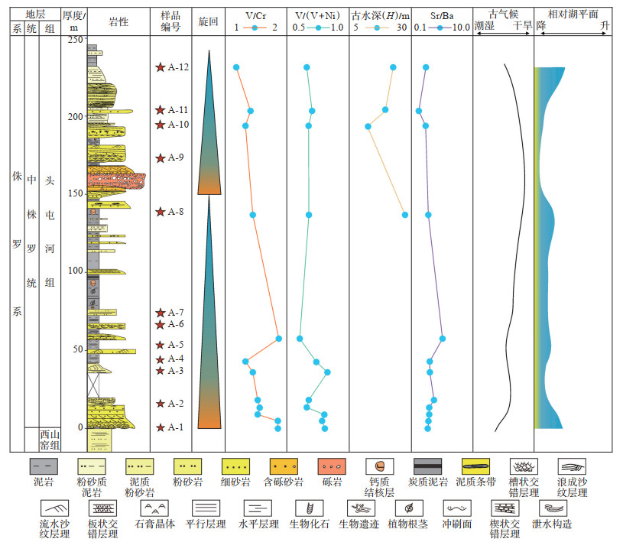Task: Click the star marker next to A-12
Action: tap(160, 67)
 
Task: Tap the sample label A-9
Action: tap(177, 158)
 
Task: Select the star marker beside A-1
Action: tap(160, 427)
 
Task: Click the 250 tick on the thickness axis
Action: tap(75, 39)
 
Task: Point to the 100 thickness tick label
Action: tap(75, 271)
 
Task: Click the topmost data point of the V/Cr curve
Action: tap(236, 67)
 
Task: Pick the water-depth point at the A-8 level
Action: tap(405, 215)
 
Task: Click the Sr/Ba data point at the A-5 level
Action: tap(442, 338)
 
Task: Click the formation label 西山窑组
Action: tap(50, 440)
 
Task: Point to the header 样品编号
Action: tap(170, 21)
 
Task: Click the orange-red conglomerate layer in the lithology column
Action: tap(115, 180)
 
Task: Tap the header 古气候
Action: tap(503, 15)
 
